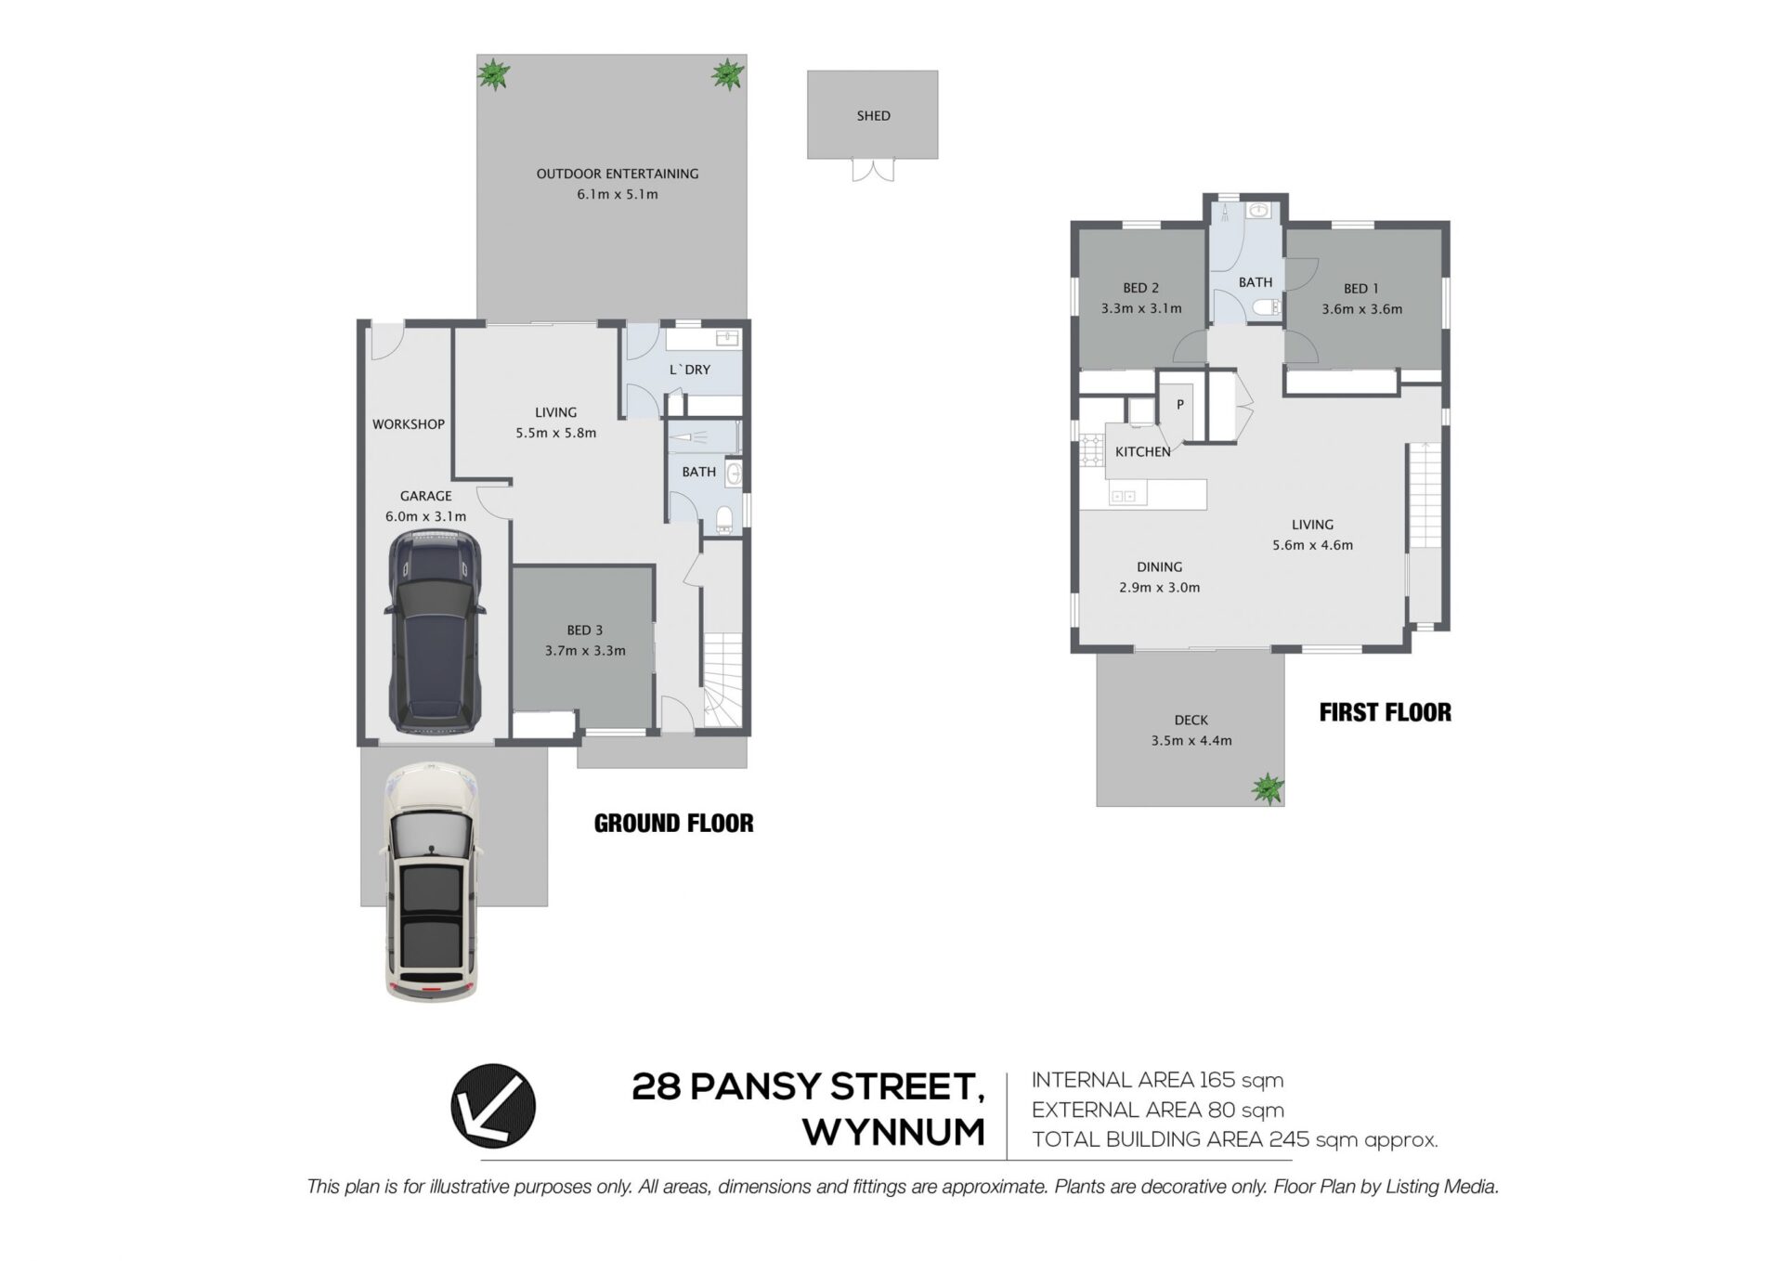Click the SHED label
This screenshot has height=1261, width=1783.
point(873,116)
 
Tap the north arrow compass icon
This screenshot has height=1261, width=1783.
point(493,1106)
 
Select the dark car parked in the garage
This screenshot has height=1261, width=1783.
point(435,631)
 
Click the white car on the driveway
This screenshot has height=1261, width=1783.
point(431,881)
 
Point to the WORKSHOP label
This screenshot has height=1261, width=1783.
point(409,424)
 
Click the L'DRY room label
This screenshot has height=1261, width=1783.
point(690,370)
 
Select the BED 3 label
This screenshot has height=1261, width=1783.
point(585,630)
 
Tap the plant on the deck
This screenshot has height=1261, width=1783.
point(1267,788)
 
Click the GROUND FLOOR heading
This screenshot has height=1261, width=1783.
point(674,824)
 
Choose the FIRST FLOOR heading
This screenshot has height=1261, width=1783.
point(1386,712)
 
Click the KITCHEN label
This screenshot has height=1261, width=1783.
point(1143,452)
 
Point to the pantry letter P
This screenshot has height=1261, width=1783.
point(1180,405)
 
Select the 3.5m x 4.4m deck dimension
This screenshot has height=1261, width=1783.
point(1191,741)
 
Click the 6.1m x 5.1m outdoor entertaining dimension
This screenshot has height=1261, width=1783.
point(618,195)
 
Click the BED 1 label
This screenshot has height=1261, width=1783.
point(1361,289)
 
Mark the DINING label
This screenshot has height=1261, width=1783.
point(1160,567)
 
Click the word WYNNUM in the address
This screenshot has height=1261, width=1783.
point(893,1133)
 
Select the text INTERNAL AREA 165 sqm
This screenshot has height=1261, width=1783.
point(1158,1081)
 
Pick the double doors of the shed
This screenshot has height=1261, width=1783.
point(874,170)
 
